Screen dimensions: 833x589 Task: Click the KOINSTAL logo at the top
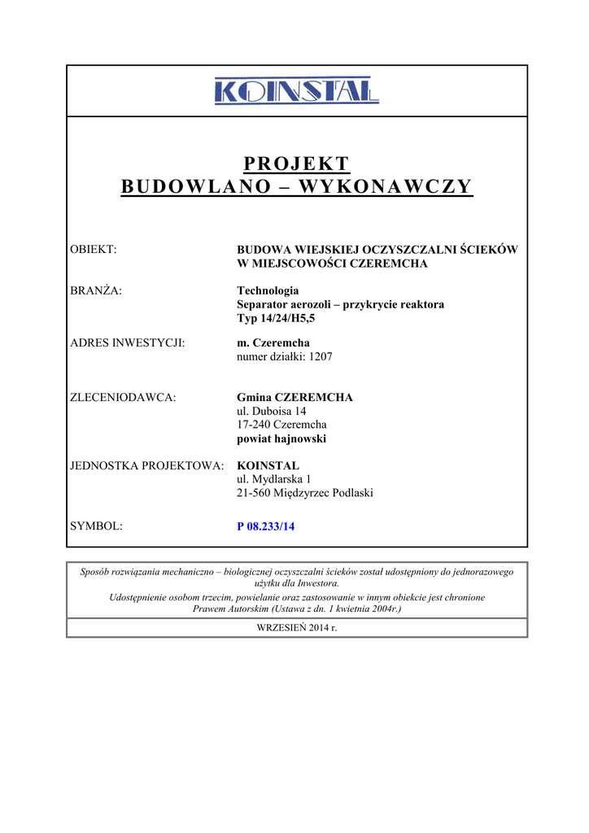click(296, 91)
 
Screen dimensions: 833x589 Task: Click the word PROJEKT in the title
click(296, 164)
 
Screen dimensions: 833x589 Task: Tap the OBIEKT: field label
click(94, 249)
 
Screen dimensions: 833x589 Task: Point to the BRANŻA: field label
click(97, 290)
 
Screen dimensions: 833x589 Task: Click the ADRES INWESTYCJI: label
click(128, 342)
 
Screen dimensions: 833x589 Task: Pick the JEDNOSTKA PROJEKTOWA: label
click(147, 465)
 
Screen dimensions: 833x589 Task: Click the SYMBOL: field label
click(97, 526)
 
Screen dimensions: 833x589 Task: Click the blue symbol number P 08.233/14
click(265, 526)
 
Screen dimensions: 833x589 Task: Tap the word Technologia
click(268, 290)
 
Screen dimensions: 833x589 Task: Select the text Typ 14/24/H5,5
click(275, 318)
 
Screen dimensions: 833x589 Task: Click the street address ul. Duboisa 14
click(271, 411)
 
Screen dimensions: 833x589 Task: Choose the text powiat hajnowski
click(281, 438)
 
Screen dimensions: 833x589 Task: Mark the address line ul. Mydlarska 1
click(273, 479)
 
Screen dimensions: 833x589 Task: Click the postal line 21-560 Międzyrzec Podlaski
click(304, 493)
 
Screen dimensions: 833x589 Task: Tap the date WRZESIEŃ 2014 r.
click(296, 627)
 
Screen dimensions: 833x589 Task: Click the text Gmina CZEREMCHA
click(294, 397)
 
